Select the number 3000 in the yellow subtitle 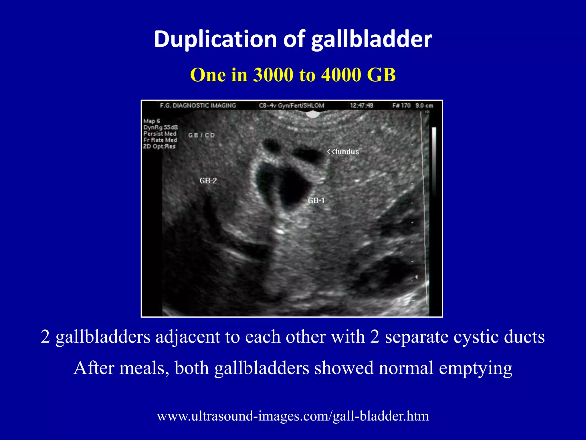pyautogui.click(x=273, y=75)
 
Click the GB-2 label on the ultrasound pyautogui.click(x=208, y=181)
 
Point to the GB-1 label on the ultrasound pyautogui.click(x=316, y=201)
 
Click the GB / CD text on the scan pyautogui.click(x=201, y=135)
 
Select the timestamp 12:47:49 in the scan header pyautogui.click(x=362, y=106)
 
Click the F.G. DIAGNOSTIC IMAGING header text pyautogui.click(x=198, y=106)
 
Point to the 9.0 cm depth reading pyautogui.click(x=424, y=106)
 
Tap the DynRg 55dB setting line pyautogui.click(x=161, y=127)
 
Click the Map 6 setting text pyautogui.click(x=152, y=121)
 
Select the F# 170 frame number pyautogui.click(x=401, y=106)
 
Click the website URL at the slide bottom pyautogui.click(x=293, y=416)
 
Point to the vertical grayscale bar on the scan pyautogui.click(x=434, y=160)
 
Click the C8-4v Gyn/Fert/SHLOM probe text pyautogui.click(x=291, y=106)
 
